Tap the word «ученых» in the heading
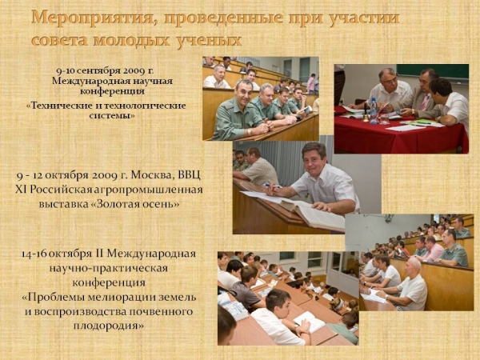coord(209,41)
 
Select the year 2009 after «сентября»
coord(134,71)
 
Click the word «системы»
coord(112,116)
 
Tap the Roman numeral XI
coord(22,190)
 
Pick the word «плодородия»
coord(108,326)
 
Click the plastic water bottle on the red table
coord(373,111)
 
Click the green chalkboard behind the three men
coord(432,71)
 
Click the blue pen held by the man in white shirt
coord(272,186)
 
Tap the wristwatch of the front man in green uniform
coord(249,132)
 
